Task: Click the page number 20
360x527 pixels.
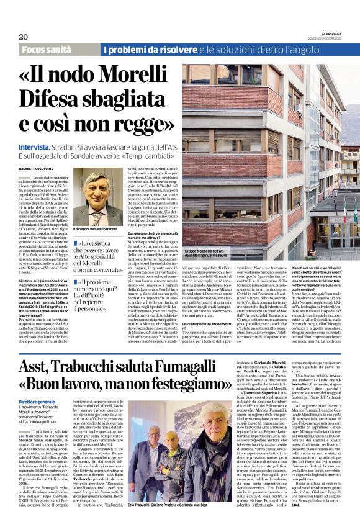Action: click(23, 37)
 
